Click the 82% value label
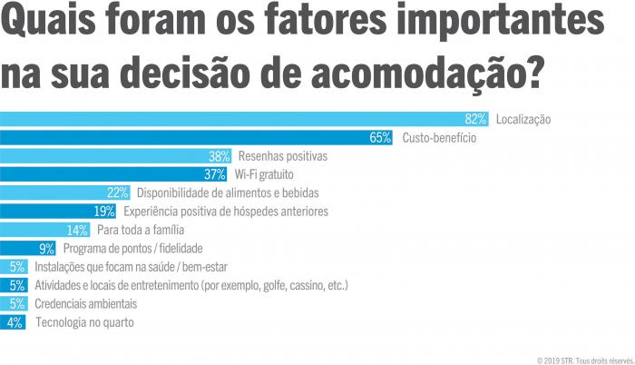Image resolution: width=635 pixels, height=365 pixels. tap(476, 119)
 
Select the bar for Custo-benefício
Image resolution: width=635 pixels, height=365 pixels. tap(195, 138)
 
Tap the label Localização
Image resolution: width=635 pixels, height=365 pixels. tap(523, 119)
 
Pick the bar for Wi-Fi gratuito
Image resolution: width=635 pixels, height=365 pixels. tap(113, 174)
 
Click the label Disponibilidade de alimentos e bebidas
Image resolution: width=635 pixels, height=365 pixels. tap(228, 192)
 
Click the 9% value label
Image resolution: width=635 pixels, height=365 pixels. tap(48, 248)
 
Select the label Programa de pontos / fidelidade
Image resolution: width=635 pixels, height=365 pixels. tap(132, 248)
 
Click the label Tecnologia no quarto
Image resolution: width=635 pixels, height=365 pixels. tap(84, 321)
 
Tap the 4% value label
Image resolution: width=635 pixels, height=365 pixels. tap(15, 321)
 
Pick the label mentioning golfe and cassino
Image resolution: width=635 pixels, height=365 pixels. tap(191, 285)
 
